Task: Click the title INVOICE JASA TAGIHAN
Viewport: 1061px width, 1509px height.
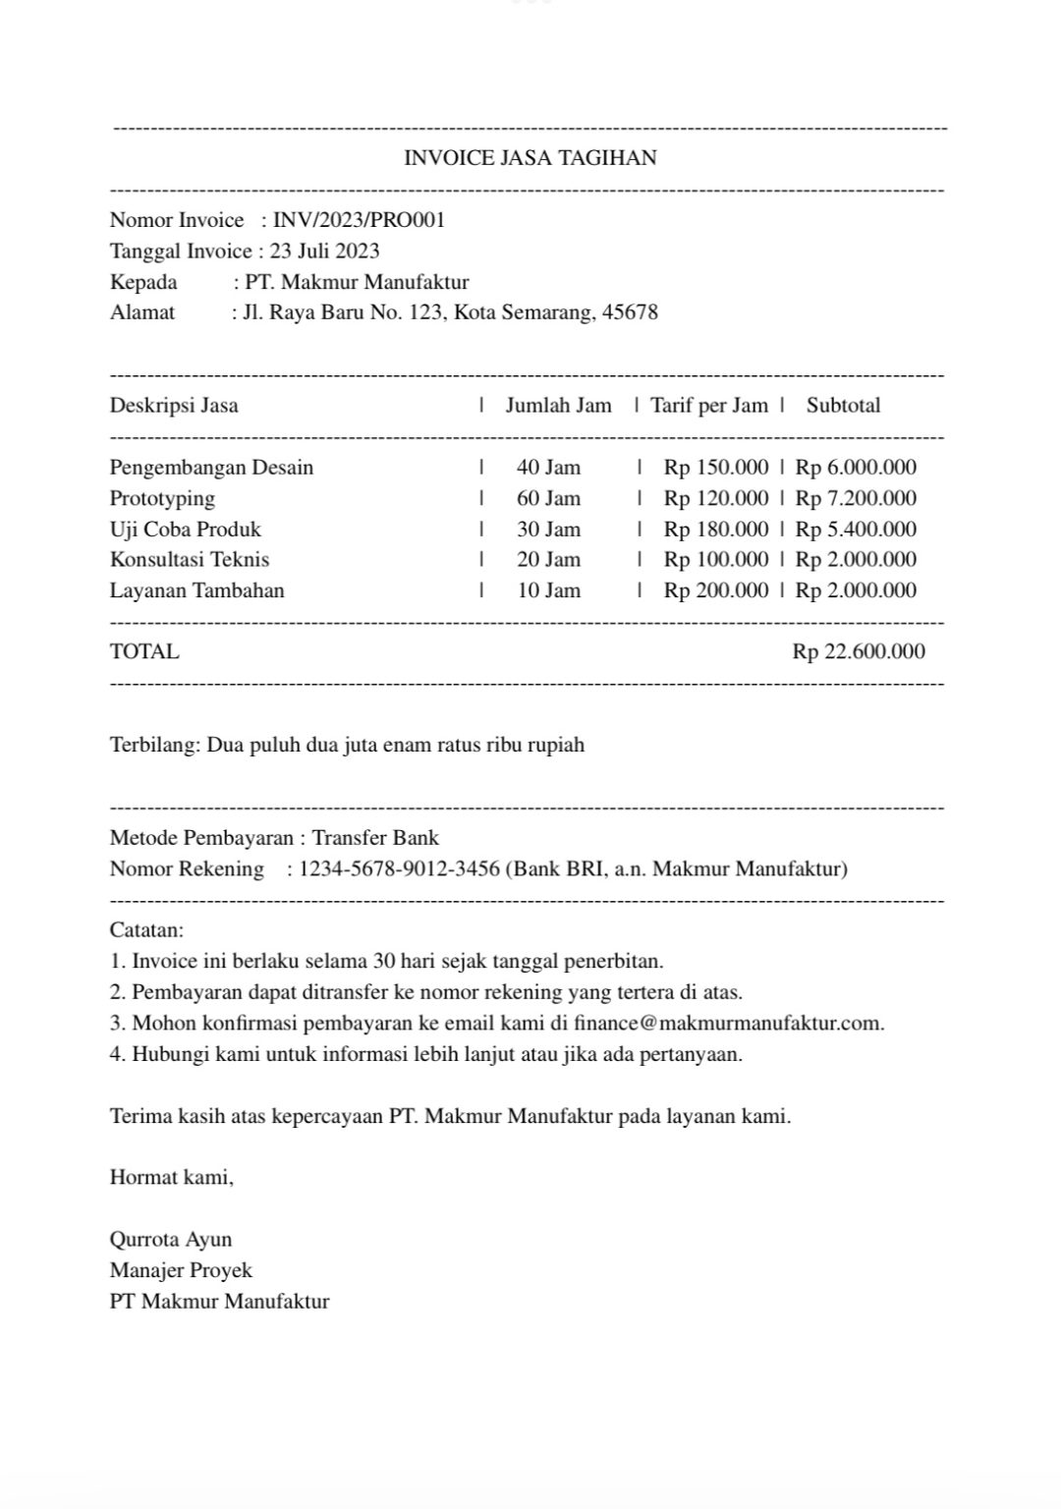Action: [530, 158]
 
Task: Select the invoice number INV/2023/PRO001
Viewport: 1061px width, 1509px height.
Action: [359, 220]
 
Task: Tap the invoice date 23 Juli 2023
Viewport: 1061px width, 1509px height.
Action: [324, 251]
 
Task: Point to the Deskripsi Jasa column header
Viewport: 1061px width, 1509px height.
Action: [174, 406]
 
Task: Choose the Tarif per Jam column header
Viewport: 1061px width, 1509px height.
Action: [708, 406]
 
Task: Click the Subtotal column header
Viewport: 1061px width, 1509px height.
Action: [843, 406]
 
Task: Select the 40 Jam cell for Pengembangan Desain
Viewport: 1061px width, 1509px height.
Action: [548, 468]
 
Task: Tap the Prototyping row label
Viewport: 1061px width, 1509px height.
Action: [162, 498]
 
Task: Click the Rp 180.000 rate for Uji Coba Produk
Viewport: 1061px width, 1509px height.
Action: [715, 530]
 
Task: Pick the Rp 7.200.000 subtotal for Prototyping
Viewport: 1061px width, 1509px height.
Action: [856, 498]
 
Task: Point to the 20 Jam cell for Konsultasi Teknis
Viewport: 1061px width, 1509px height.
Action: [548, 560]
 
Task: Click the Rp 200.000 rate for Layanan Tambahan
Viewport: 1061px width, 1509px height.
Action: [715, 590]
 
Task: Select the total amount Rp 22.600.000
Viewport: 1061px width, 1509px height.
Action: [859, 651]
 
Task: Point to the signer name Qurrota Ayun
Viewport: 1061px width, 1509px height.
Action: [171, 1239]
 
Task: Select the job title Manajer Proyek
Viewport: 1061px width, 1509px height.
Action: [181, 1270]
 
